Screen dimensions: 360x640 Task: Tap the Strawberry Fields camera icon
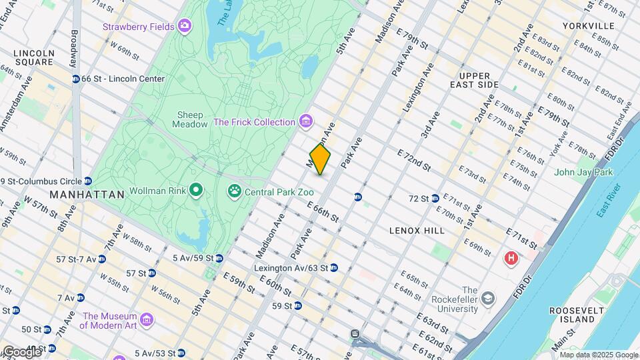[184, 27]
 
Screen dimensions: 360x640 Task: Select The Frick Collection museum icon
[306, 122]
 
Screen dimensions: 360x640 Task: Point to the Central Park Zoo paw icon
[234, 192]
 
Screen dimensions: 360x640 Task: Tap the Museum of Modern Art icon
[147, 321]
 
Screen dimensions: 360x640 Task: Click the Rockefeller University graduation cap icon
[489, 297]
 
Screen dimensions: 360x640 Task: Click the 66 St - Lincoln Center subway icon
[76, 79]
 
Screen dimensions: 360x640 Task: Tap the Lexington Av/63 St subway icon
[333, 268]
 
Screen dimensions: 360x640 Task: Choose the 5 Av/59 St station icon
[219, 258]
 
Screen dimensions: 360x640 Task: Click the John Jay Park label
[583, 172]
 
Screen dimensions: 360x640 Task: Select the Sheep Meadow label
[190, 119]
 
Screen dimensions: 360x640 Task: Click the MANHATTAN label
[87, 195]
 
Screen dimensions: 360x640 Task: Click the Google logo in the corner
[21, 351]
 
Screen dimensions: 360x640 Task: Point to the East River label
[609, 201]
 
